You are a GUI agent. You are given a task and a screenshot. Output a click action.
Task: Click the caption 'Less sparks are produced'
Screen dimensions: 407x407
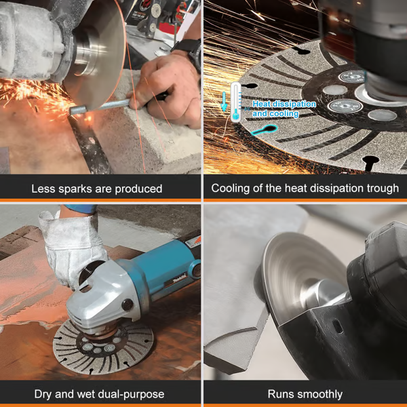pos(96,188)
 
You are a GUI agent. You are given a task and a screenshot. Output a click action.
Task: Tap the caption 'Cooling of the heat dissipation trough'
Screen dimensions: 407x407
pos(305,188)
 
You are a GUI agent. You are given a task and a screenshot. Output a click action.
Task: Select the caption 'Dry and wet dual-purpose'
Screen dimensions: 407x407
pos(99,393)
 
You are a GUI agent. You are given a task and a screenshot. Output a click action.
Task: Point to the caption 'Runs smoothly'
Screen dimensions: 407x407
pos(305,393)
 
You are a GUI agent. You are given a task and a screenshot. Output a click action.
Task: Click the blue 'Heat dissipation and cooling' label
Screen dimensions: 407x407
pos(284,109)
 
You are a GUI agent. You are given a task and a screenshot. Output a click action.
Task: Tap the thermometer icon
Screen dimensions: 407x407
pos(235,102)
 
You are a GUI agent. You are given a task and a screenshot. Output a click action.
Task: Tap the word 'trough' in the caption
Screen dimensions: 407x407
pos(381,188)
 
